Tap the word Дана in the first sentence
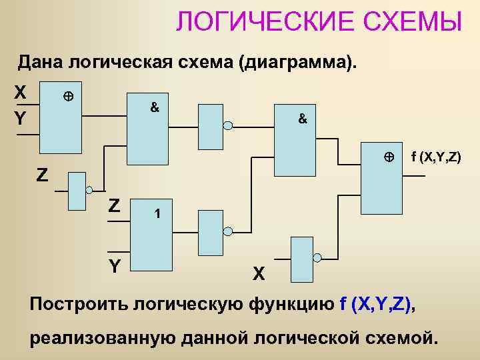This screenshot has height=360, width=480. tap(39, 63)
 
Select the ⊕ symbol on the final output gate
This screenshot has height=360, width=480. tap(389, 158)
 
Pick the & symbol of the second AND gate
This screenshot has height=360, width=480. tap(302, 119)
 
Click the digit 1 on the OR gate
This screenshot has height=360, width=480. tap(157, 215)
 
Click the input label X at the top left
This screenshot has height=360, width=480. tap(21, 92)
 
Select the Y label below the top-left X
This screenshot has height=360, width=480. tap(21, 119)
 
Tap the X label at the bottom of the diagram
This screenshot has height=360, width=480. tap(259, 273)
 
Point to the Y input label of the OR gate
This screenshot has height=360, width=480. tap(115, 265)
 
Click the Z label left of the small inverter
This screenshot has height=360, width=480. tap(42, 175)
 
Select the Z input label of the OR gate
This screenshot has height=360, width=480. tap(115, 205)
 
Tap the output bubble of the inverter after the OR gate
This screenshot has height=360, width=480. tap(227, 232)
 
